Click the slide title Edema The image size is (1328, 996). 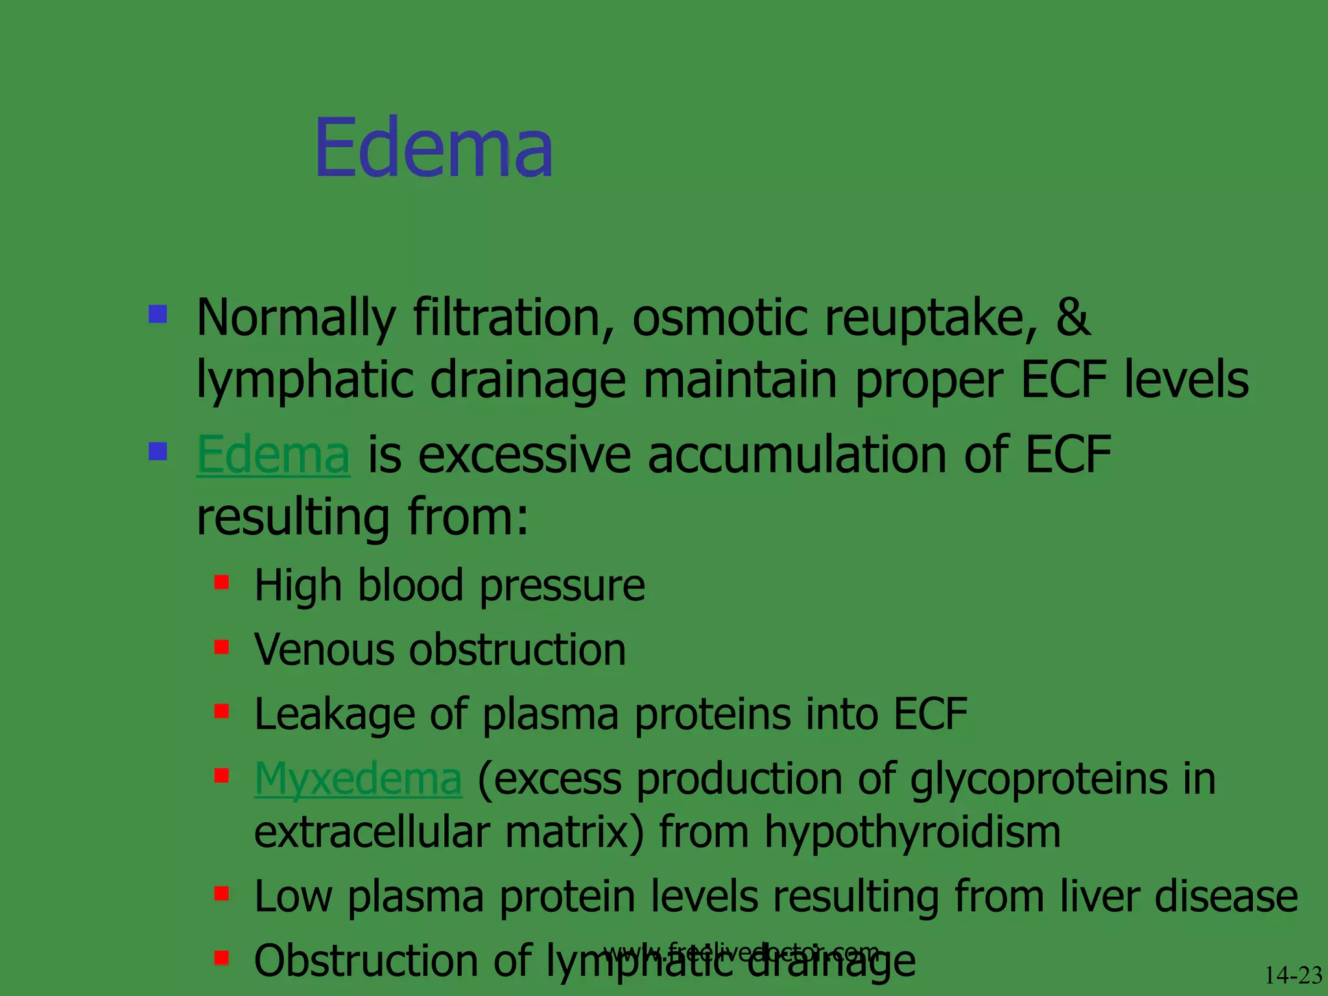pos(433,148)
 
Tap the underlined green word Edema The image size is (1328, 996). pos(273,455)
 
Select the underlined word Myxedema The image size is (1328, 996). pos(358,778)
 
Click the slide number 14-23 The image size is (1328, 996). pos(1293,975)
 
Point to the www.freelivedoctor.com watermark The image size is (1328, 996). pos(741,951)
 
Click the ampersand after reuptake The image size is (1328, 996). pos(1073,317)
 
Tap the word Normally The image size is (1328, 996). pos(296,318)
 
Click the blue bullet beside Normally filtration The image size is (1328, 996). pos(158,314)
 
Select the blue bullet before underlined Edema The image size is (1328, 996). pos(158,451)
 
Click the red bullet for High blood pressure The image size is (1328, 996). pos(222,582)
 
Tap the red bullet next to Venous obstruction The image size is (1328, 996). pos(222,646)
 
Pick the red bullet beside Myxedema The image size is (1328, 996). pos(222,775)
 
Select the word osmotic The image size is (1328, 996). pos(720,318)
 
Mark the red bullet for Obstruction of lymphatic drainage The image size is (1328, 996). pos(222,957)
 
